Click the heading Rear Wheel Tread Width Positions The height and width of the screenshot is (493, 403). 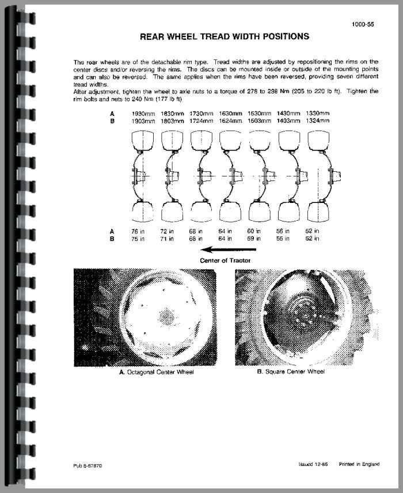click(225, 36)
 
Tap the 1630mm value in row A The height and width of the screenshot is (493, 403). click(232, 114)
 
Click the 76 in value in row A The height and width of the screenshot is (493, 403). click(138, 231)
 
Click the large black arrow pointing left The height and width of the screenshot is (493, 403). click(225, 250)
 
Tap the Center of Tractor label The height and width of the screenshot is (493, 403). click(225, 260)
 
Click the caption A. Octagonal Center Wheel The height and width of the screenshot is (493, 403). click(156, 372)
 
